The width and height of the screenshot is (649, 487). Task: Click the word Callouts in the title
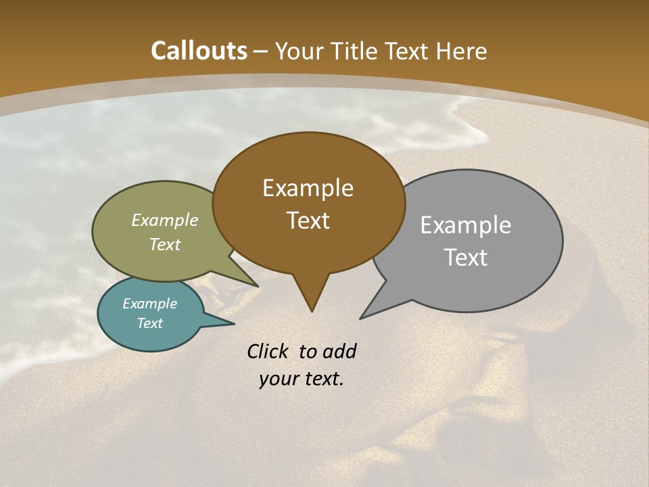(199, 51)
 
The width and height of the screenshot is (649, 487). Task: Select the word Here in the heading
(462, 51)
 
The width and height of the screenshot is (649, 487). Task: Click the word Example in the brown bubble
(308, 188)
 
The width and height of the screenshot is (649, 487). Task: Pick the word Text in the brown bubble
(308, 221)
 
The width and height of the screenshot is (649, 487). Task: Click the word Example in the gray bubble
(466, 225)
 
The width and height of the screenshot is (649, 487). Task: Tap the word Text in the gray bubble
(466, 258)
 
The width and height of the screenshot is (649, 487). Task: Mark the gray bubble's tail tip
(361, 318)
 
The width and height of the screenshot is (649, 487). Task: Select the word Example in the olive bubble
(165, 220)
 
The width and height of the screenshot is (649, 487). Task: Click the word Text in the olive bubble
(165, 244)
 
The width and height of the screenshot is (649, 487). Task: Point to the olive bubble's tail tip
(258, 286)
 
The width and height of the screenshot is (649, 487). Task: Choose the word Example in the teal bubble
(150, 304)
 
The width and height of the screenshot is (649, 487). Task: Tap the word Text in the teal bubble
(150, 323)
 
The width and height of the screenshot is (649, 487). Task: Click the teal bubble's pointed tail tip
(234, 324)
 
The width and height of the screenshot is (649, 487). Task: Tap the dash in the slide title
(261, 51)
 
